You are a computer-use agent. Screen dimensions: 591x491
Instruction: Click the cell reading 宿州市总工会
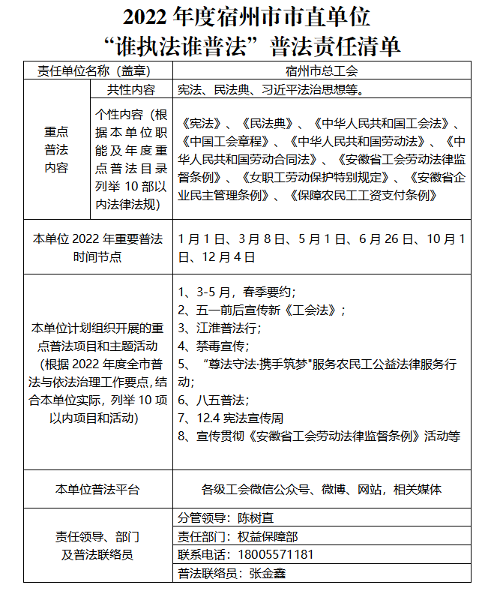(x=322, y=71)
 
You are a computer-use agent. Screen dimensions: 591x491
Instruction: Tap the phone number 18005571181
(x=275, y=555)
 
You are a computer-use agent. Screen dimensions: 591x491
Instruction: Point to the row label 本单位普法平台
(x=97, y=490)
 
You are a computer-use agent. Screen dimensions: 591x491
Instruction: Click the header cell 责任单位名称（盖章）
(x=97, y=71)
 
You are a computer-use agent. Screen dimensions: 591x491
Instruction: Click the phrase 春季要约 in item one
(x=270, y=291)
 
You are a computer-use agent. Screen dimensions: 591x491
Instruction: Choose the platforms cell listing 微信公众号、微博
(x=322, y=490)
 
